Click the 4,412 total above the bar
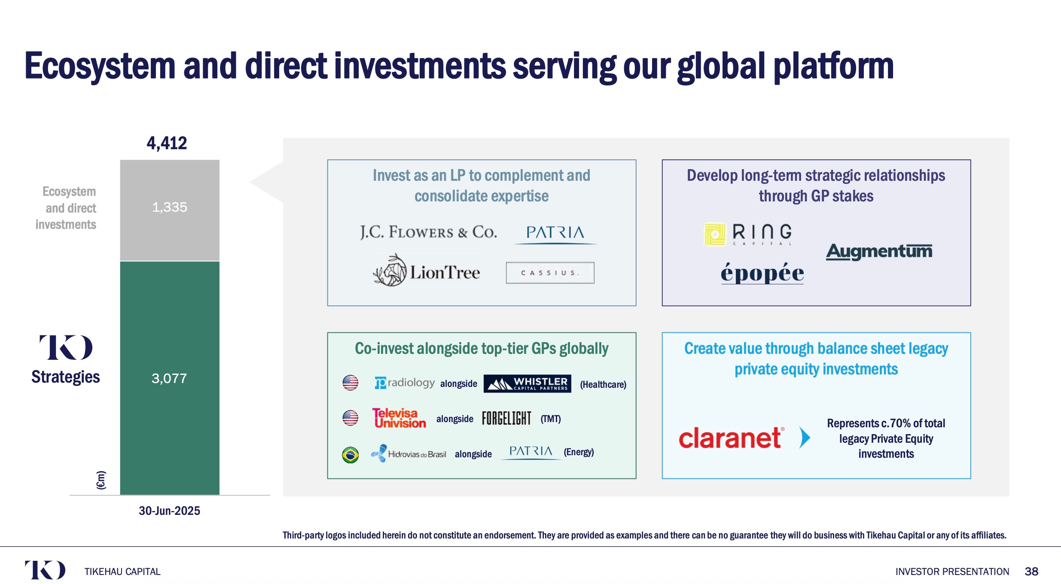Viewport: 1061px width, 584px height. (167, 143)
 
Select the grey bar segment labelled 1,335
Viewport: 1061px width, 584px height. (170, 210)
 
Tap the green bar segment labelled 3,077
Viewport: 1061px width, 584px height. (170, 378)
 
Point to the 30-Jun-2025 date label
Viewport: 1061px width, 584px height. (169, 511)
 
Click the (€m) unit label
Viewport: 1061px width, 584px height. (101, 480)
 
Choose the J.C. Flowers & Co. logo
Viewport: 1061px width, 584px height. (428, 232)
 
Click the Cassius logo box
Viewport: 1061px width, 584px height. (550, 273)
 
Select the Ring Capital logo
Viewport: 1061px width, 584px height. (748, 234)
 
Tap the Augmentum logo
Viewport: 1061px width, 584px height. (879, 251)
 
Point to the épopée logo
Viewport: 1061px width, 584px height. (762, 273)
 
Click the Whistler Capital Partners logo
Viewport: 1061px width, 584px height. (527, 383)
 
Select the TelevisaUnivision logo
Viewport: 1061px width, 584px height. (399, 418)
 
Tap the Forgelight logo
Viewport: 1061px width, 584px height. (506, 418)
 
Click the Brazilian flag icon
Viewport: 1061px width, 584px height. (351, 455)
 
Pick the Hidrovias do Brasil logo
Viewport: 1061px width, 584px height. (409, 453)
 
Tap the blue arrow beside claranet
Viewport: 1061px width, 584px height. (805, 438)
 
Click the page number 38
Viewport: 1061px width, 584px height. (1031, 572)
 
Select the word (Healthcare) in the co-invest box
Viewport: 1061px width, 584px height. (603, 384)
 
